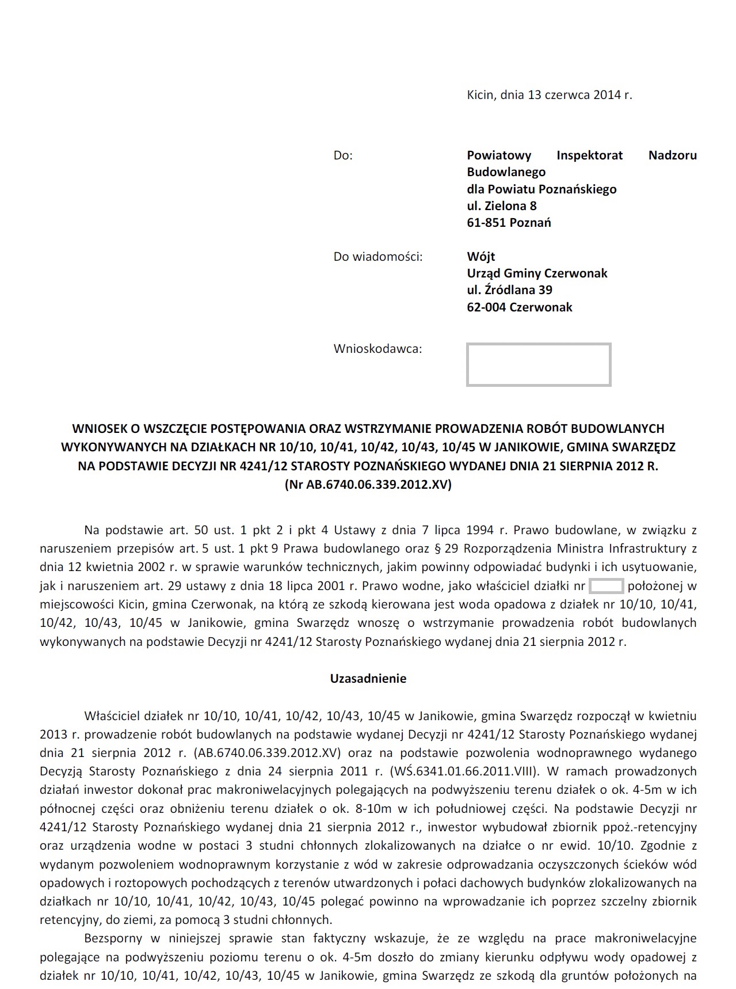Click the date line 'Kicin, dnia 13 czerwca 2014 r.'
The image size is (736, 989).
click(x=549, y=95)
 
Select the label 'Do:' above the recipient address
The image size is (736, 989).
click(x=343, y=155)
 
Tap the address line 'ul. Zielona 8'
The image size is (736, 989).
click(x=501, y=206)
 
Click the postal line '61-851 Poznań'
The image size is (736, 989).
click(x=509, y=222)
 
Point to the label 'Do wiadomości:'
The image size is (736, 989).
click(x=377, y=257)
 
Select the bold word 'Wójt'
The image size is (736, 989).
click(x=481, y=257)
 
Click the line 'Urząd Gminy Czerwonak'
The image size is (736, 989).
click(x=537, y=273)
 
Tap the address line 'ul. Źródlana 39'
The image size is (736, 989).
click(x=509, y=290)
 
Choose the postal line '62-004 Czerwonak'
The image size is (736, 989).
click(x=519, y=307)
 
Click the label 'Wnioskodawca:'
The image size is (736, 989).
click(x=377, y=349)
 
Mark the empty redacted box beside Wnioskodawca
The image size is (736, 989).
click(x=538, y=364)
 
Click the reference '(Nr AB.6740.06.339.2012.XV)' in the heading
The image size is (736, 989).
click(x=368, y=485)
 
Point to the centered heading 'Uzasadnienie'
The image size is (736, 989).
click(x=368, y=679)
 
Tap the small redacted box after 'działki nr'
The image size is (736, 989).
click(x=607, y=587)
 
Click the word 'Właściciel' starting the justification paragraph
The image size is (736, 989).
click(x=112, y=717)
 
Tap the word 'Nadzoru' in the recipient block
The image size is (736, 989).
click(x=672, y=155)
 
